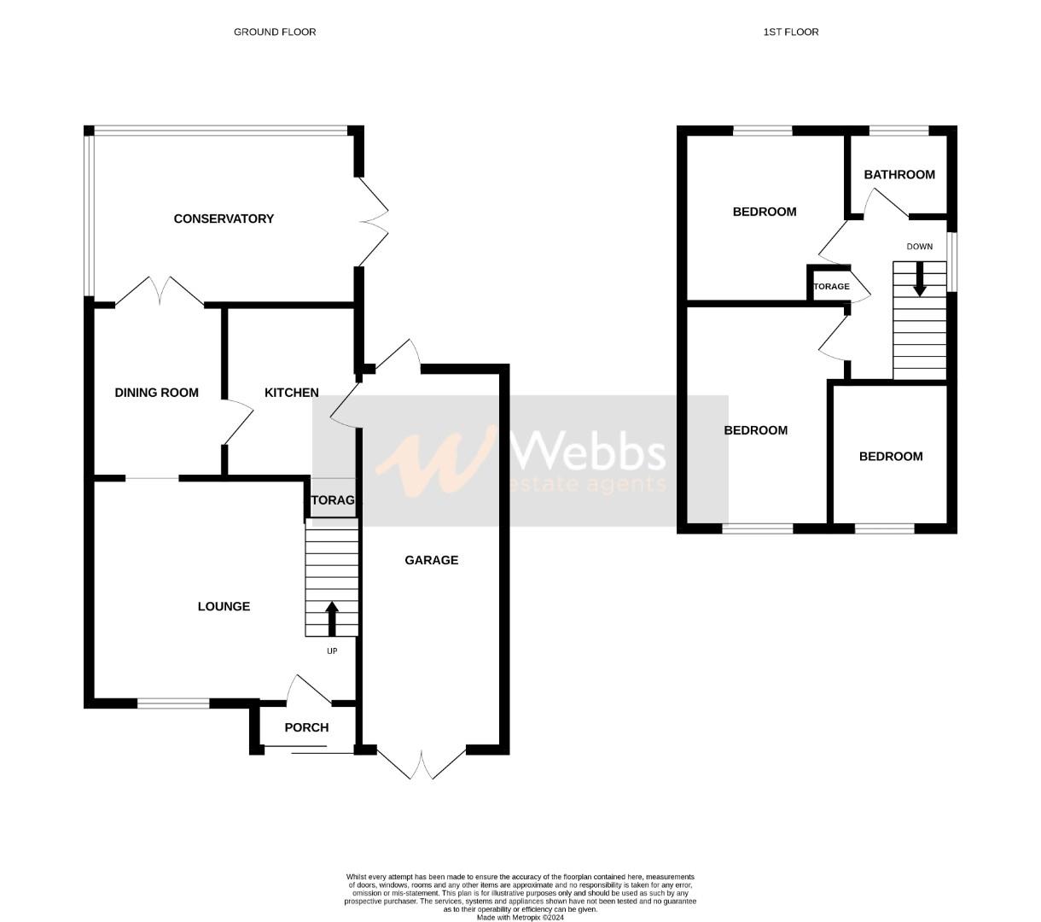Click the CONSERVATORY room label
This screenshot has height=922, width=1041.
(x=224, y=219)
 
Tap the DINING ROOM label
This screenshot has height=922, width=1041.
(x=156, y=393)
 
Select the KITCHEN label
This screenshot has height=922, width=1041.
(x=291, y=393)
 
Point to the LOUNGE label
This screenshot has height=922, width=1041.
(x=224, y=606)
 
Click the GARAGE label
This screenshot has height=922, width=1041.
(x=431, y=560)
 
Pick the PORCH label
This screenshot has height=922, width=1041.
(x=306, y=727)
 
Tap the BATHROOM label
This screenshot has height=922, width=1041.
(x=899, y=174)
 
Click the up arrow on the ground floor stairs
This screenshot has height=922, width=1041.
(x=331, y=619)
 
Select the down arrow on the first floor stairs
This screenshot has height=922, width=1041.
(x=919, y=279)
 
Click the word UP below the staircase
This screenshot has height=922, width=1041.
(x=332, y=651)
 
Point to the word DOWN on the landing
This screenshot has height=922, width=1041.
(x=919, y=247)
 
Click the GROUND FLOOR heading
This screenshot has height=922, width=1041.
(x=275, y=32)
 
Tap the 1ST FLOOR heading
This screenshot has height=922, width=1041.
(x=790, y=32)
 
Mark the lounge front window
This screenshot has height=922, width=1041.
(x=173, y=703)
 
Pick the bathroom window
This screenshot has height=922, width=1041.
(x=899, y=131)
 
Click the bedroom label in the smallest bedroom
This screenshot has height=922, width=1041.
(x=890, y=457)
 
